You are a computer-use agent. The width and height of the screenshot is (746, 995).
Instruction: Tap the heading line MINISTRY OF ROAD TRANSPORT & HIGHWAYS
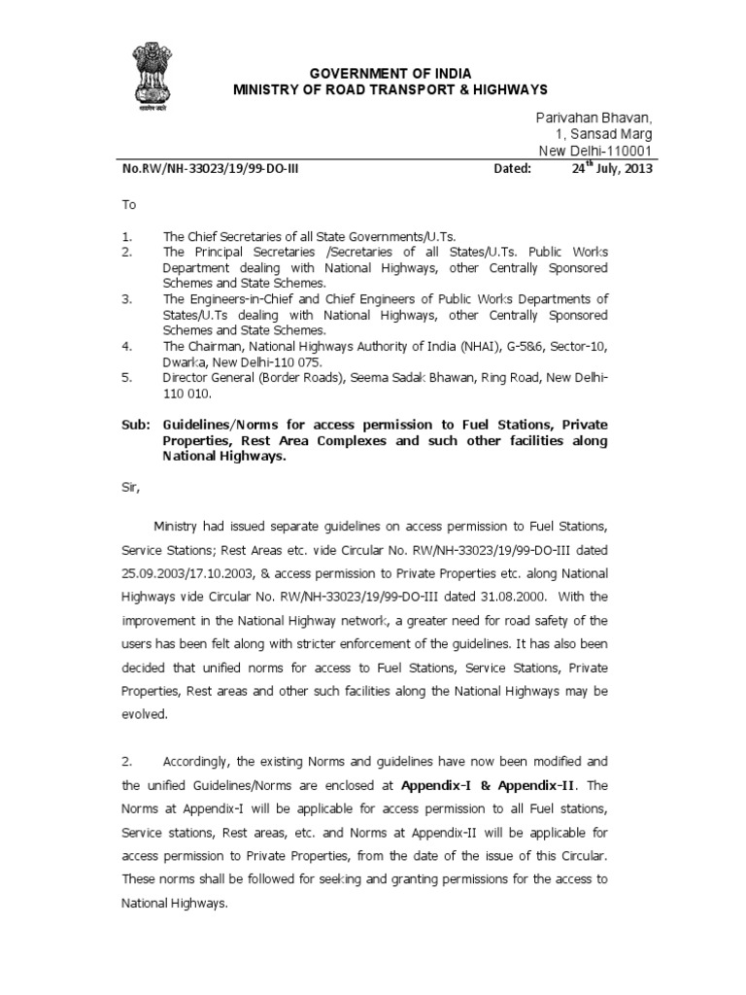pyautogui.click(x=378, y=90)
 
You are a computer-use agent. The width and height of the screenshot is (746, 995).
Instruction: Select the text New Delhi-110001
pyautogui.click(x=595, y=150)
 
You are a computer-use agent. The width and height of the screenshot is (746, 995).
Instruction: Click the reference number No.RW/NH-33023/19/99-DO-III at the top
pyautogui.click(x=205, y=168)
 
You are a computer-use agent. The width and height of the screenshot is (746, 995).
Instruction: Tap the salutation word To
pyautogui.click(x=129, y=206)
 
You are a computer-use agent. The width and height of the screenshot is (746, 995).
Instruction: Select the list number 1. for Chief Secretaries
pyautogui.click(x=126, y=237)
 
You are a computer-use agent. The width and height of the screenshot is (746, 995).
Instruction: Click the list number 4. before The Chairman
pyautogui.click(x=127, y=345)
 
